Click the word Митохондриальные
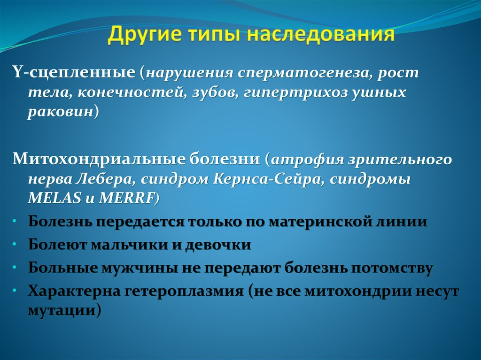click(x=97, y=160)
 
